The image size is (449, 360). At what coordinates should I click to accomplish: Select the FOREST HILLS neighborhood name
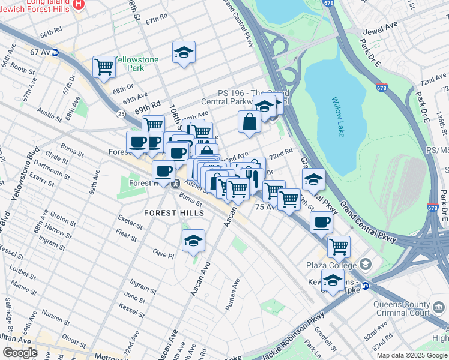(174, 213)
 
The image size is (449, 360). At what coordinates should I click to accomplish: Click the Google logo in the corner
(20, 353)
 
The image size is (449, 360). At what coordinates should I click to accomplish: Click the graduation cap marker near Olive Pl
(193, 241)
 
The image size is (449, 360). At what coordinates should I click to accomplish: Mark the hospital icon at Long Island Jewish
(79, 4)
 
